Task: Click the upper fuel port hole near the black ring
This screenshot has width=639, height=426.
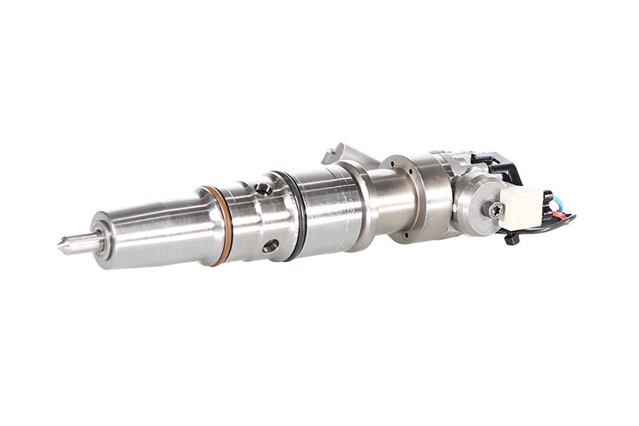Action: pyautogui.click(x=262, y=189)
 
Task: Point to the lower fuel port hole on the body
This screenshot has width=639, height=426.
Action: pyautogui.click(x=271, y=246)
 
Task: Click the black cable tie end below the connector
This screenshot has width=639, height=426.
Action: pyautogui.click(x=511, y=238)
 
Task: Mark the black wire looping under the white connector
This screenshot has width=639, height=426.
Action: pyautogui.click(x=551, y=228)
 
